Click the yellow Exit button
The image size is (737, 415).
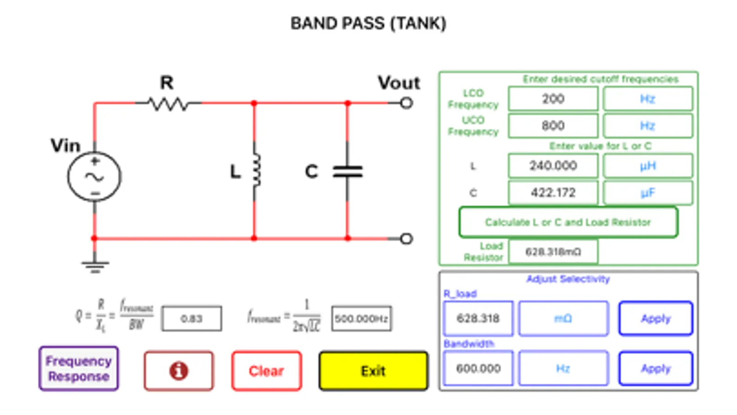(x=373, y=371)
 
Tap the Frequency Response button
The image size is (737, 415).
(x=78, y=368)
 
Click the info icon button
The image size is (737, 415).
(x=178, y=371)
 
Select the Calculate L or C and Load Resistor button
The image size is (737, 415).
(x=568, y=222)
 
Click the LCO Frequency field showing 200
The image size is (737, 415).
(x=553, y=99)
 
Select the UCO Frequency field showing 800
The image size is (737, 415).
(x=553, y=125)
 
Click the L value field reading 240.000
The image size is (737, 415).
(x=553, y=166)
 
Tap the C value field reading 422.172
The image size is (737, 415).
(x=553, y=192)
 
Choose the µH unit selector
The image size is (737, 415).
(x=648, y=166)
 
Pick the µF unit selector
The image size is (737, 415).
(x=648, y=192)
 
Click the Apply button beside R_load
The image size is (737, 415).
(x=655, y=318)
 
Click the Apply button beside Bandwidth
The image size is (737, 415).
(x=655, y=368)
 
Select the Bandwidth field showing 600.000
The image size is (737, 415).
(x=478, y=368)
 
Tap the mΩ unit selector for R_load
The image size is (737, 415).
(x=563, y=318)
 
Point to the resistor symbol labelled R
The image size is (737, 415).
(x=168, y=104)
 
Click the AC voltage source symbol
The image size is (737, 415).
(x=94, y=177)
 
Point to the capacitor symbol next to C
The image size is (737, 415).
(x=348, y=172)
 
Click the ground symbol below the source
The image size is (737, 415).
(x=95, y=265)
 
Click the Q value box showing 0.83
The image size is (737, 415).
(x=191, y=319)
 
